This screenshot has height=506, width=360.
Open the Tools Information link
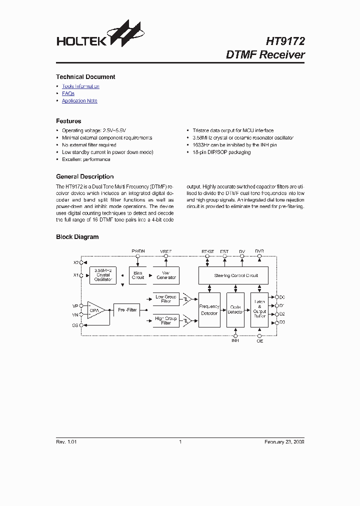[x=80, y=86]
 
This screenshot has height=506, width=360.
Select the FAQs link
[x=68, y=93]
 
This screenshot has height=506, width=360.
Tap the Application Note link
[x=79, y=101]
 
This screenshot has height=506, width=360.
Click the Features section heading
[x=68, y=121]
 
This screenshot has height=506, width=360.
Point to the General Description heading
[x=84, y=176]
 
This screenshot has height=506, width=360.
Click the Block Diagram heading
[x=77, y=237]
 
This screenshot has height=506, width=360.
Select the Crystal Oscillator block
[x=102, y=275]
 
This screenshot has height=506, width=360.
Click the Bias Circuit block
[x=138, y=275]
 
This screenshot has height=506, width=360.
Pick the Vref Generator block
[x=166, y=275]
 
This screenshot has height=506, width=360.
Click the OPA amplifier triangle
[x=95, y=310]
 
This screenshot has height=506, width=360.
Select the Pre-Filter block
[x=127, y=310]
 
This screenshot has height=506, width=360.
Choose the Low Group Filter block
[x=166, y=299]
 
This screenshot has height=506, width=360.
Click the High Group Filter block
[x=166, y=320]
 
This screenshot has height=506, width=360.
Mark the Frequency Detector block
[x=209, y=310]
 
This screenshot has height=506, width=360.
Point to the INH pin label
[x=235, y=341]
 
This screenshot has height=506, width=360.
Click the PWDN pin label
[x=138, y=250]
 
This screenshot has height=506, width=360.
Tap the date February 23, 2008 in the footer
[x=284, y=442]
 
